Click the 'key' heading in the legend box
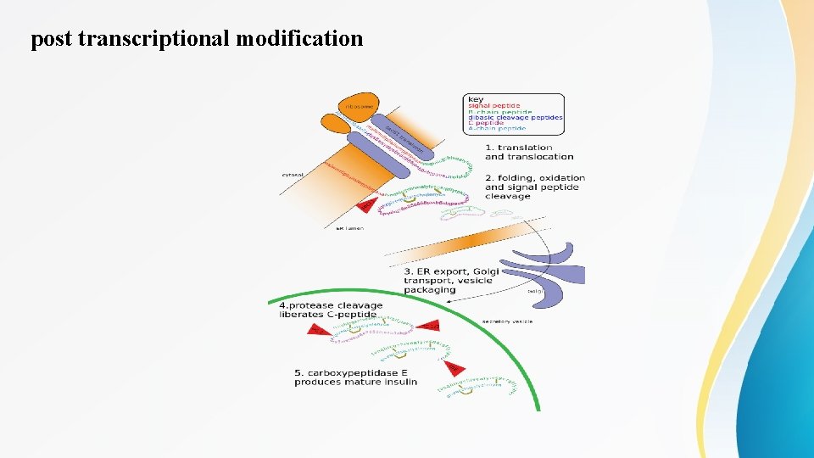(x=477, y=99)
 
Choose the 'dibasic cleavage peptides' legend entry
(x=516, y=117)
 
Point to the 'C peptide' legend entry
(x=487, y=123)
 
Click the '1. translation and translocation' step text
(x=528, y=152)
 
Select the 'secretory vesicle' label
(x=507, y=321)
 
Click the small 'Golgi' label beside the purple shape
(x=535, y=291)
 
